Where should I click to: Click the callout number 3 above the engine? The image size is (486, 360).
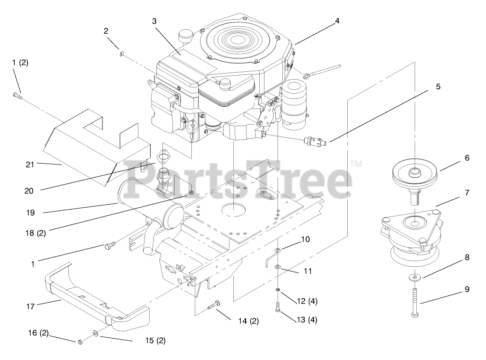click(154, 21)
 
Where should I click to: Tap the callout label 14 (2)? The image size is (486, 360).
click(248, 322)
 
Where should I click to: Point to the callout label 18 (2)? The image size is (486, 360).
click(35, 232)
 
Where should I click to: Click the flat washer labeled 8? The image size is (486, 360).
click(414, 278)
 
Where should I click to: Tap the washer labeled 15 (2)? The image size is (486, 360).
click(95, 335)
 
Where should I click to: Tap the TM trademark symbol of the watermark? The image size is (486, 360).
click(356, 164)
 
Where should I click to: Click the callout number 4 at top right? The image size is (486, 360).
click(337, 20)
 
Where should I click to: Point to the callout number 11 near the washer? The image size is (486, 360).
click(308, 271)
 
